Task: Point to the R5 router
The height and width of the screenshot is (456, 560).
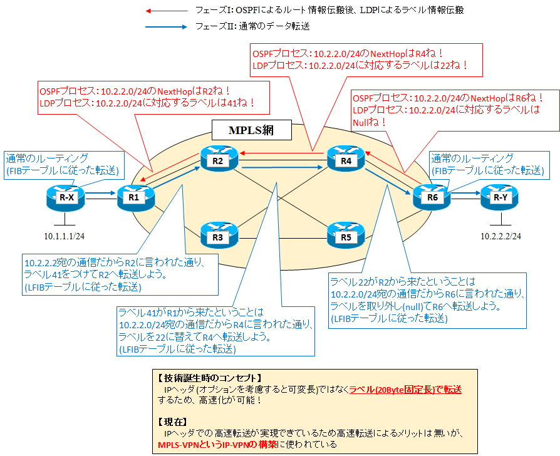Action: (x=345, y=236)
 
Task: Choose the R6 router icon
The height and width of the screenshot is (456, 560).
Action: (x=431, y=197)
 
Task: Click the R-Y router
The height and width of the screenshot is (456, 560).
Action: (x=499, y=197)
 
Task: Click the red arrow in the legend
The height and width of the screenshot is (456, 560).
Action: (x=165, y=11)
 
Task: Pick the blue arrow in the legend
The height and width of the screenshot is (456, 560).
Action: (x=165, y=27)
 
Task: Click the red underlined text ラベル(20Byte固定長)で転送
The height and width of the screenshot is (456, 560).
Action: (x=405, y=389)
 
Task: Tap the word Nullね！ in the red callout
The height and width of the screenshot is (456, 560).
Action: (x=370, y=122)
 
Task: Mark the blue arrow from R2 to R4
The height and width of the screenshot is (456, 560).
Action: (x=283, y=167)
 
